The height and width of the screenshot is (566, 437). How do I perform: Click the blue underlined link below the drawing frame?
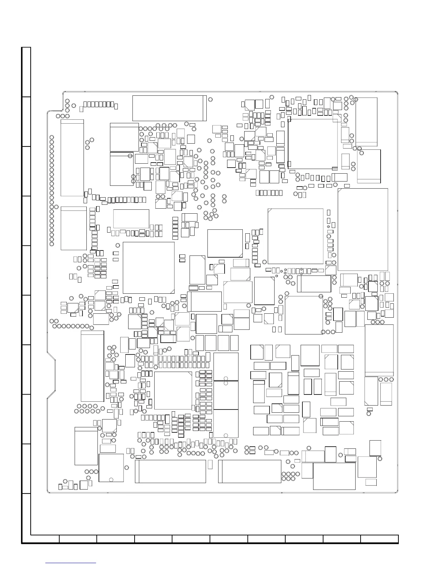(x=71, y=563)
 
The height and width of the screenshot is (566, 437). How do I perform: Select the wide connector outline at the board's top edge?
(x=170, y=108)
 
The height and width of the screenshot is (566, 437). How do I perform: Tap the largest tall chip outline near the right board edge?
(x=363, y=229)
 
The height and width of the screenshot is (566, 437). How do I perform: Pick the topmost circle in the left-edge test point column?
(x=52, y=137)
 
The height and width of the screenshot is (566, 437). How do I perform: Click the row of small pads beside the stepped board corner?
(x=99, y=104)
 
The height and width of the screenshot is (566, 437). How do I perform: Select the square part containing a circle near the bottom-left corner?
(x=111, y=468)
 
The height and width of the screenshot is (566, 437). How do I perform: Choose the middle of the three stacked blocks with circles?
(x=226, y=395)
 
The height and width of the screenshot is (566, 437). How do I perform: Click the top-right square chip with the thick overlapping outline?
(x=313, y=144)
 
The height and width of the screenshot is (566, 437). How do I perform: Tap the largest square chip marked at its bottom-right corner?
(x=149, y=268)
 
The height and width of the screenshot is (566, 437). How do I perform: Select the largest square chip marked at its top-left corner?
(x=295, y=236)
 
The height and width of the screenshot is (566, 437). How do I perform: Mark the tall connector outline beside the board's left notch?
(x=92, y=366)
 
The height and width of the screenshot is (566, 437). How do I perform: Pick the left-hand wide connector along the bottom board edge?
(x=170, y=471)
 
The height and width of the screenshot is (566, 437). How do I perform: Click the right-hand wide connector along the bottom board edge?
(x=250, y=471)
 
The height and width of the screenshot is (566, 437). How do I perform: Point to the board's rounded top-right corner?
(x=396, y=93)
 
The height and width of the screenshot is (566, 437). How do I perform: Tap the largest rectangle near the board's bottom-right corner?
(x=334, y=476)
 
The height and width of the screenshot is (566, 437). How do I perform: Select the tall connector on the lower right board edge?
(x=379, y=350)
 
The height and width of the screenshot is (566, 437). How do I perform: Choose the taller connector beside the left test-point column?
(x=72, y=158)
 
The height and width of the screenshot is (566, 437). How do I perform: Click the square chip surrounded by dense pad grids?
(x=173, y=391)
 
